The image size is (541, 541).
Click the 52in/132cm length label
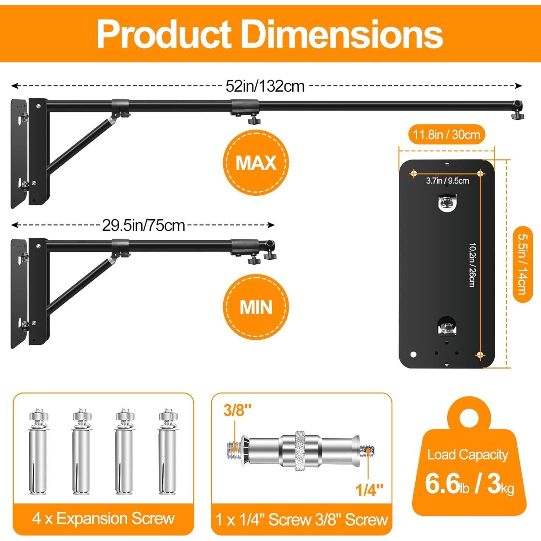coord(265,86)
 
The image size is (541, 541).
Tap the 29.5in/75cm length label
coord(143,226)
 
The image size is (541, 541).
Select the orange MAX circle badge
coord(256,163)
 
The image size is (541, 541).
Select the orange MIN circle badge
coord(256,307)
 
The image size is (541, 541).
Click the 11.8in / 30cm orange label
coord(447,135)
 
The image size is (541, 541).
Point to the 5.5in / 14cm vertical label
coord(522,264)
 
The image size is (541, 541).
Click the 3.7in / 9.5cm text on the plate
coord(447,181)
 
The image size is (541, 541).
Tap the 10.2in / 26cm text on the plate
coord(472,265)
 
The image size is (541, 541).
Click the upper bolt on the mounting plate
coord(447,203)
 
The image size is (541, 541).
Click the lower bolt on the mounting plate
coord(447,327)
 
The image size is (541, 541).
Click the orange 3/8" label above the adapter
coord(237,410)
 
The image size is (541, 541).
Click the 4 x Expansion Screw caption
coord(103,519)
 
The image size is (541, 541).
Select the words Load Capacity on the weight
coord(467,455)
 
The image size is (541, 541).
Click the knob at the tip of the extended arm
coord(518,115)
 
